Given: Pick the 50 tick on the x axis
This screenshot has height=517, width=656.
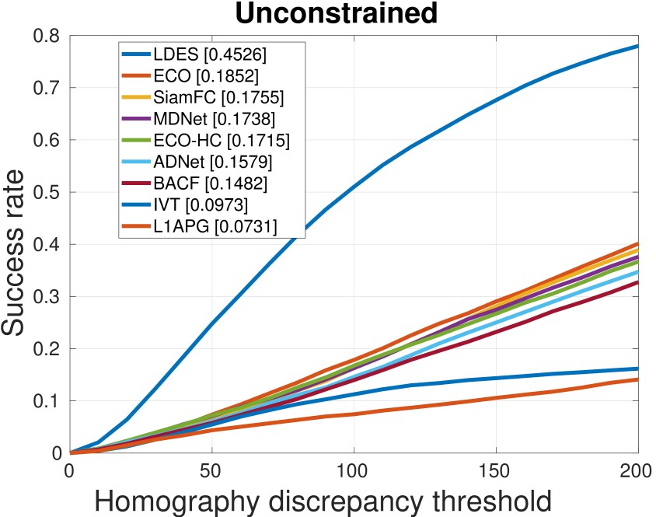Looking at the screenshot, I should [211, 470].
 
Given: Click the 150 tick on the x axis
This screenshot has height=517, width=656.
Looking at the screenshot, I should [496, 470].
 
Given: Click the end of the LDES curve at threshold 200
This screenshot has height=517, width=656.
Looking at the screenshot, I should [638, 46].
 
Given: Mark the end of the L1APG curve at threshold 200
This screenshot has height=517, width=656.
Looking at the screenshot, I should [638, 379].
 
